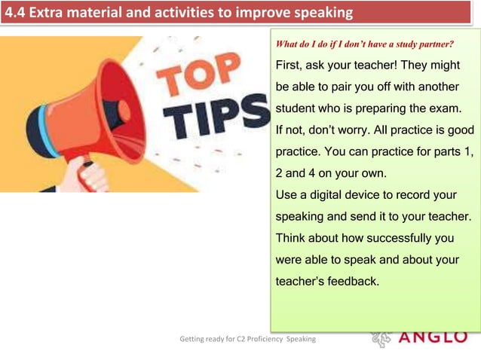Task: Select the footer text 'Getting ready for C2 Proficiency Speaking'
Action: (x=247, y=340)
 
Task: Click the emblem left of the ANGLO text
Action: (x=380, y=339)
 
